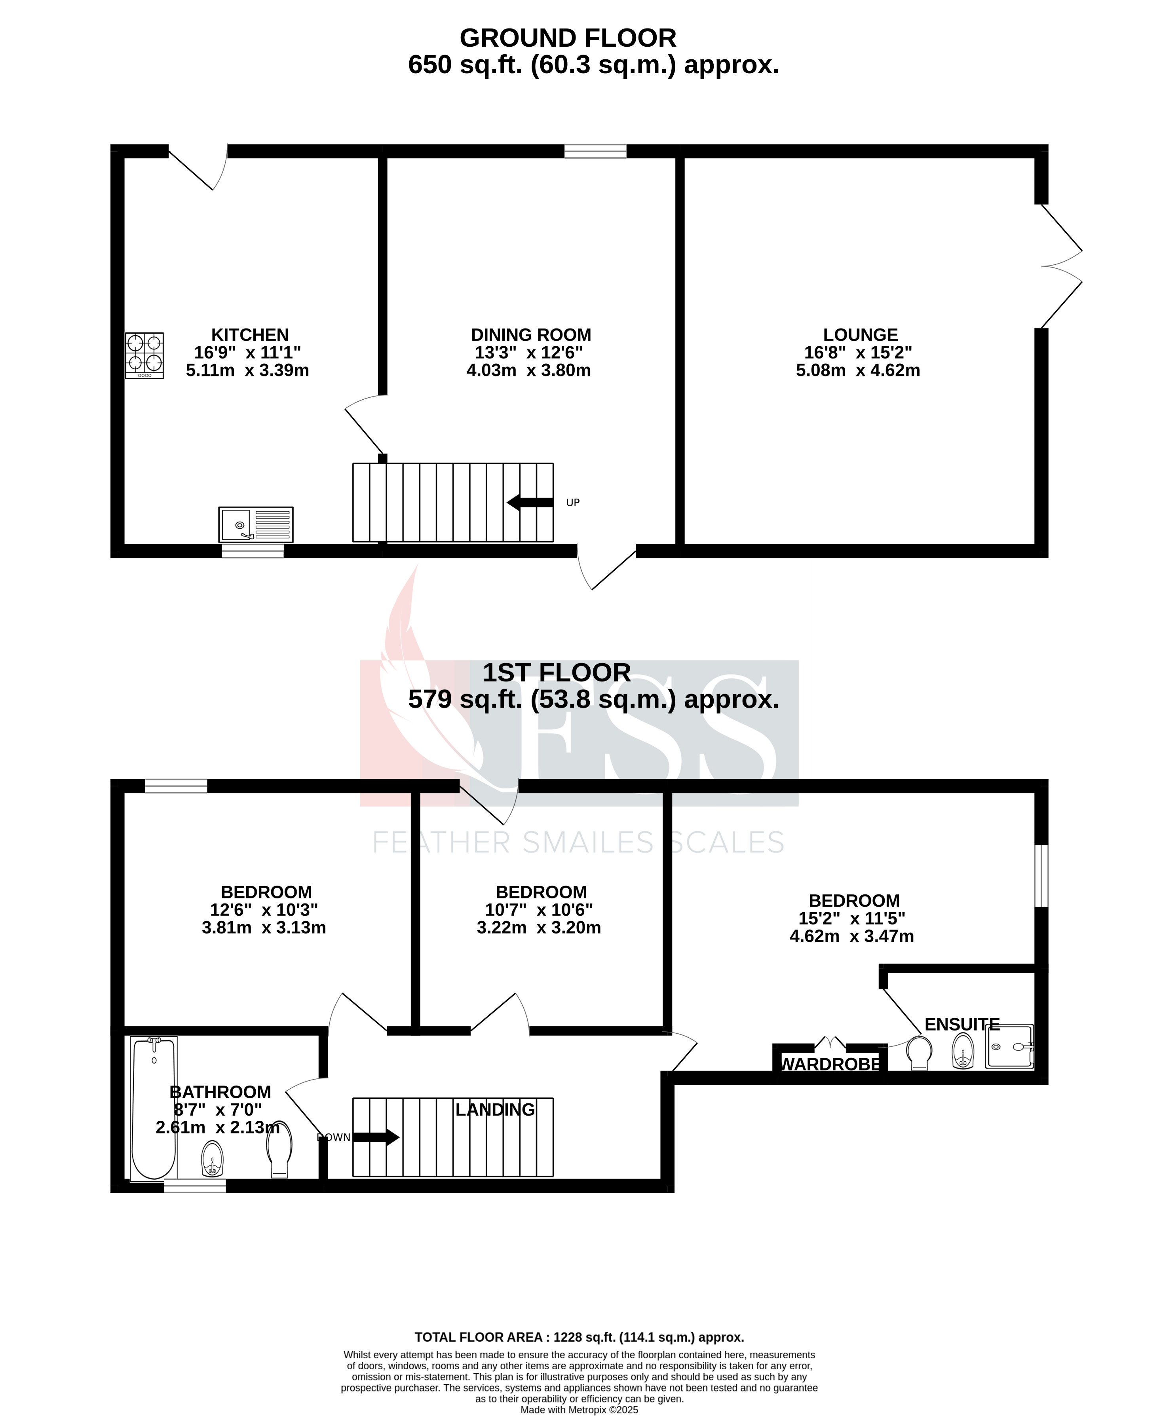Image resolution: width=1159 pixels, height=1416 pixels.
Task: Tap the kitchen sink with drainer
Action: click(x=256, y=525)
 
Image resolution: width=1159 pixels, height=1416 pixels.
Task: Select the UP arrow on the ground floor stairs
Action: click(x=530, y=503)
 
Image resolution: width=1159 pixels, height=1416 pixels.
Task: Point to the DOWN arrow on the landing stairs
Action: click(x=376, y=1138)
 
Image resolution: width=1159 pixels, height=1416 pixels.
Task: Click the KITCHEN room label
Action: click(x=250, y=335)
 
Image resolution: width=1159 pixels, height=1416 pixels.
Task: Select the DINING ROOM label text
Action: click(x=531, y=335)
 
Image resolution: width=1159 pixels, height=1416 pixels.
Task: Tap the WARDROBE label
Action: click(x=830, y=1064)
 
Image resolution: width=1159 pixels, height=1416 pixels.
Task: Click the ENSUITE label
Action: click(x=961, y=1024)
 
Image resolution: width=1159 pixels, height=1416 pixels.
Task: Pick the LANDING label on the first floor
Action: click(x=495, y=1110)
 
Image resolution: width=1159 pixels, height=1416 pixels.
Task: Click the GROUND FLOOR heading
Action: click(x=568, y=38)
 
